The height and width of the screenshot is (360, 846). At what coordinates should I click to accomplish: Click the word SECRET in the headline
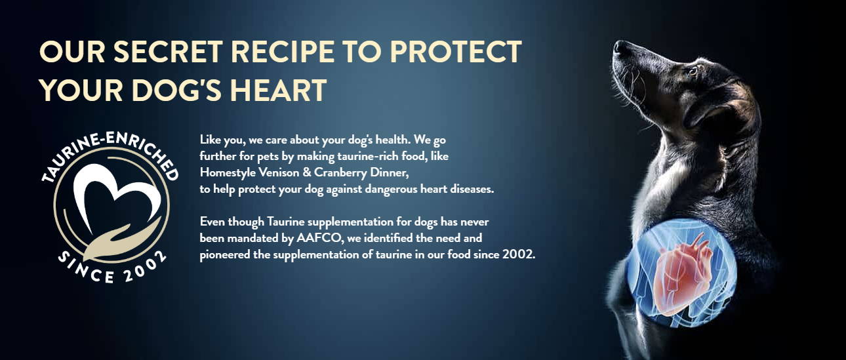coord(168,51)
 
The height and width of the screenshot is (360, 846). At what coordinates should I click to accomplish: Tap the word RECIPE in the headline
coord(283,51)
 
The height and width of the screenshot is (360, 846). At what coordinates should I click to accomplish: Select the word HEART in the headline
coord(278,90)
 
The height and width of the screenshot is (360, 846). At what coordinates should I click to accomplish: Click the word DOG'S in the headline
coord(176,90)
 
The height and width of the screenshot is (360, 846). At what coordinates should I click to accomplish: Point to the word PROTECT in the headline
coord(456,51)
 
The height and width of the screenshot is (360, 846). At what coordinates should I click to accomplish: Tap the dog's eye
coord(693,71)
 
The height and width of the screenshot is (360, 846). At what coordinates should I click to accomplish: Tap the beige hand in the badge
coord(117,240)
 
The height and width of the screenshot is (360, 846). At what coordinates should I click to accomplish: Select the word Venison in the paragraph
coord(279,172)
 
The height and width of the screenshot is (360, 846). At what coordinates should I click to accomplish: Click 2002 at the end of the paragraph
coord(519,254)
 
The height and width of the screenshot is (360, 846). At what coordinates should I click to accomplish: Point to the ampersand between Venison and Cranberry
coord(307,172)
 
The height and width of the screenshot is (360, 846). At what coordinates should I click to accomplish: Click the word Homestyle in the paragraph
coord(228,173)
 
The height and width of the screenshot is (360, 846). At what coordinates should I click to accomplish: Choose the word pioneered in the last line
coord(225,255)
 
